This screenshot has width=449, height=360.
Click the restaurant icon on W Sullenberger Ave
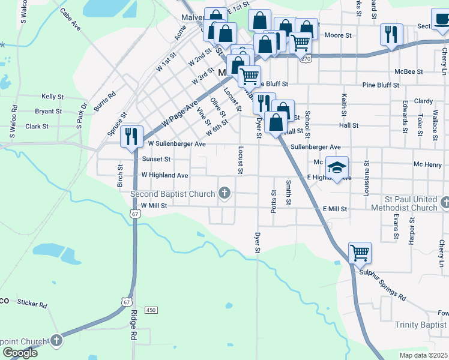[131, 136]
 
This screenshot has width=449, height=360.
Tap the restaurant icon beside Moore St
[391, 34]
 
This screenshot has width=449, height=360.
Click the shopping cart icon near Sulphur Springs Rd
[360, 252]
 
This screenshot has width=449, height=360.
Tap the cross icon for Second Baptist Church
[224, 193]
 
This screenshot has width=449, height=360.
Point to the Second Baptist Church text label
[173, 194]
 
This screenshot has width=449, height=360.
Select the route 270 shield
[306, 59]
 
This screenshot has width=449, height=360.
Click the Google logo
[20, 353]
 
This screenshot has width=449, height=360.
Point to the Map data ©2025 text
[423, 355]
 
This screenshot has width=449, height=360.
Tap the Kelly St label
[52, 96]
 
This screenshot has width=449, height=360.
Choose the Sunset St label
[156, 160]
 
